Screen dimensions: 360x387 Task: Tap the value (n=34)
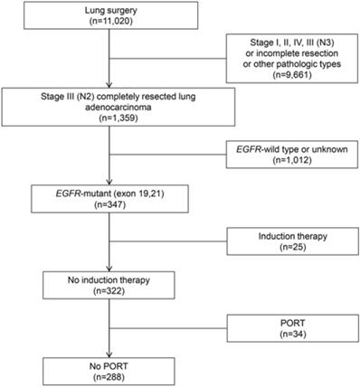284,337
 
